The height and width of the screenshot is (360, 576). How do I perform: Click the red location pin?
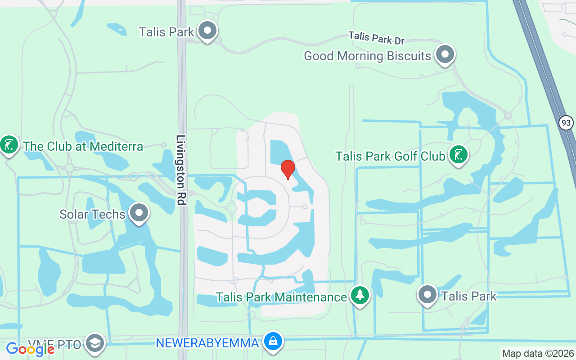coord(288,169)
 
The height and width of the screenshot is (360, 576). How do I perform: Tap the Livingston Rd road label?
coord(181,170)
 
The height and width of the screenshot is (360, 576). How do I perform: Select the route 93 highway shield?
coord(567,122)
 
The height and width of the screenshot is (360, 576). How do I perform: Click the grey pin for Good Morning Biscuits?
coord(445,54)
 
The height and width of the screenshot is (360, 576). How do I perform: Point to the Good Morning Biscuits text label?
coord(367,56)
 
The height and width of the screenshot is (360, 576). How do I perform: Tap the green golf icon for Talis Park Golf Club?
coord(458,155)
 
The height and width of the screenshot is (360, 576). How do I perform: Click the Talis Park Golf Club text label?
coord(390,156)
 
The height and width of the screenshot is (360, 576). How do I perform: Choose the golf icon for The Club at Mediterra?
coord(9,144)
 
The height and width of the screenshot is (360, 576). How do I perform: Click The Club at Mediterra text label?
coord(83,146)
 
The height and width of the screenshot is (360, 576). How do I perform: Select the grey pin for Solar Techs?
coord(139,213)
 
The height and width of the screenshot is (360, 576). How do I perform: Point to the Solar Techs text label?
coord(92,214)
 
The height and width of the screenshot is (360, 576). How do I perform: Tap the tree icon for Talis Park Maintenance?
coord(360,296)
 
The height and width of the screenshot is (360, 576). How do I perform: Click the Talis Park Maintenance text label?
coord(281,297)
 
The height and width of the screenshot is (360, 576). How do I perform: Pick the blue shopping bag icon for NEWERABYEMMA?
coord(273,342)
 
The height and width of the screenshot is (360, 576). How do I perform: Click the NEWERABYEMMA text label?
coord(207,343)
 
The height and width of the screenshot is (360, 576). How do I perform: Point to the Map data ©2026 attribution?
coord(538,354)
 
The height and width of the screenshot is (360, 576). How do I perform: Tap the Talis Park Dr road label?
coord(376,38)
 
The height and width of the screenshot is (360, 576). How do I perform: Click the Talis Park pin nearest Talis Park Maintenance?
coord(427,295)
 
